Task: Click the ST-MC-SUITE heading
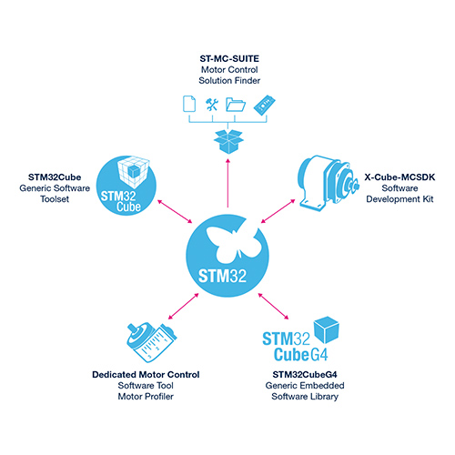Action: click(229, 58)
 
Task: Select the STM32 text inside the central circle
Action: click(222, 277)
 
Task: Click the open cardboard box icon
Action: click(228, 142)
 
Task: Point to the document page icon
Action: click(189, 104)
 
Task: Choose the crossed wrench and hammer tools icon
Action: click(212, 105)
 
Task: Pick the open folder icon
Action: click(236, 105)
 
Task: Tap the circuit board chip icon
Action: click(265, 105)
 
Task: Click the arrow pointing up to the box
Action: click(227, 183)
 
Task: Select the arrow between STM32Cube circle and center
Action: click(175, 211)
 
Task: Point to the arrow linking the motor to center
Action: click(278, 211)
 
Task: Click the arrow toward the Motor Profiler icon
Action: click(183, 306)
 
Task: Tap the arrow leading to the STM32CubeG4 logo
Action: click(273, 306)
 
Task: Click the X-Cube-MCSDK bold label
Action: click(399, 177)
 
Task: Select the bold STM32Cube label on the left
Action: click(55, 177)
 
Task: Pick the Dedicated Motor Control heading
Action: click(146, 375)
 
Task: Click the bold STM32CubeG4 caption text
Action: click(305, 375)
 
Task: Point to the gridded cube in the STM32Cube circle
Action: click(134, 171)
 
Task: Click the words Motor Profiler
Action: click(146, 397)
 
